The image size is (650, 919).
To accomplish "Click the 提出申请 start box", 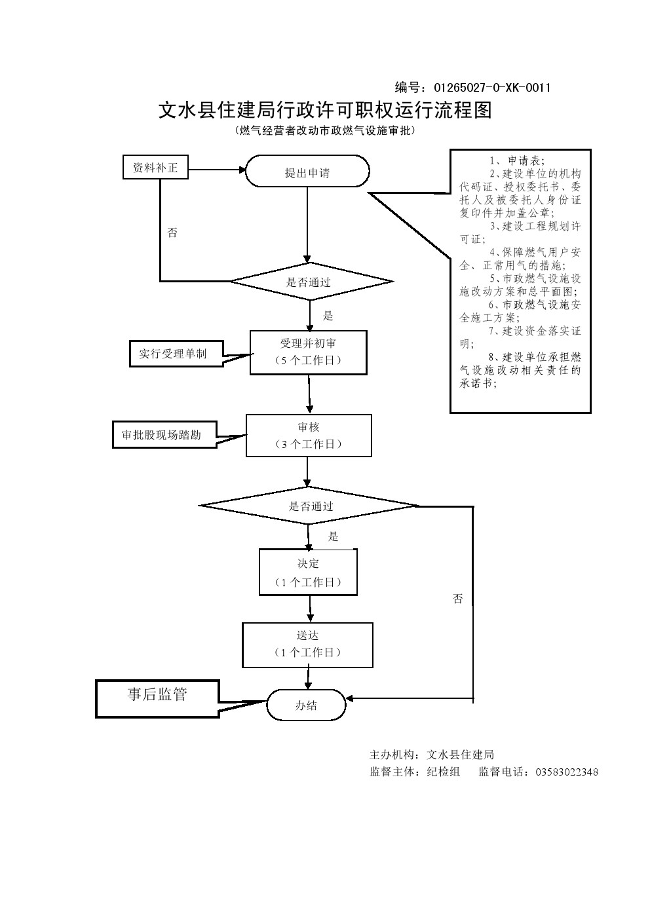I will [307, 172].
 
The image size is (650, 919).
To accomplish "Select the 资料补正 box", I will [155, 168].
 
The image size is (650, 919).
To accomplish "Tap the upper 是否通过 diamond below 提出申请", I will [311, 282].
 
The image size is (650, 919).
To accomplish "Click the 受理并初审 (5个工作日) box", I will [308, 352].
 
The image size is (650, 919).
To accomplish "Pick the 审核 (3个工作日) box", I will [309, 435].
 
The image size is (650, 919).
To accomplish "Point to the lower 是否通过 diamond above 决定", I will [309, 506].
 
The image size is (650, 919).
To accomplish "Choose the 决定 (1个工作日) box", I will [308, 572].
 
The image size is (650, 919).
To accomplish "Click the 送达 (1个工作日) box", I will [307, 645].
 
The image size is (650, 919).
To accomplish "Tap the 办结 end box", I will [306, 705].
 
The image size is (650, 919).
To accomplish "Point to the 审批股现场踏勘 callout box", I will [164, 434].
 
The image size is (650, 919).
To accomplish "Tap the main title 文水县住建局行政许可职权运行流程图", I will [324, 109].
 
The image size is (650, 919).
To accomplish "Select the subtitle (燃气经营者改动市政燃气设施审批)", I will [324, 130].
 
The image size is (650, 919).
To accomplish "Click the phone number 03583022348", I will [567, 772].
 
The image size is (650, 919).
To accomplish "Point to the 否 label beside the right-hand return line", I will [457, 599].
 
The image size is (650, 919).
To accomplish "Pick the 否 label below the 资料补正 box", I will [172, 233].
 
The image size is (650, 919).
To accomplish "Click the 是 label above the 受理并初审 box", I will [328, 316].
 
